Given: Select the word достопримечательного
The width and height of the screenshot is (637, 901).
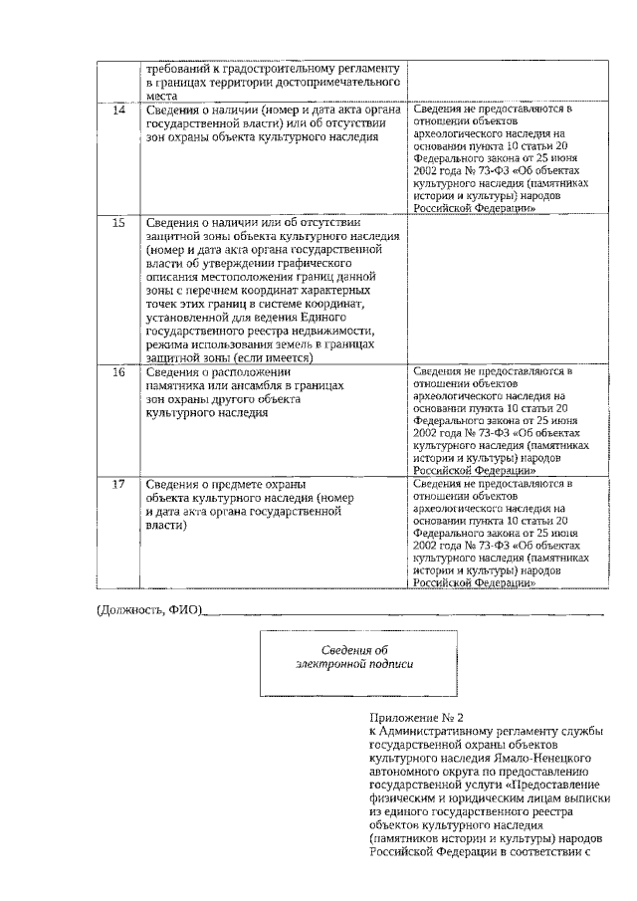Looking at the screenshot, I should (x=333, y=85).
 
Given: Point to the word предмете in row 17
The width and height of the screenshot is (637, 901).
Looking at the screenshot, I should (x=257, y=484).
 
